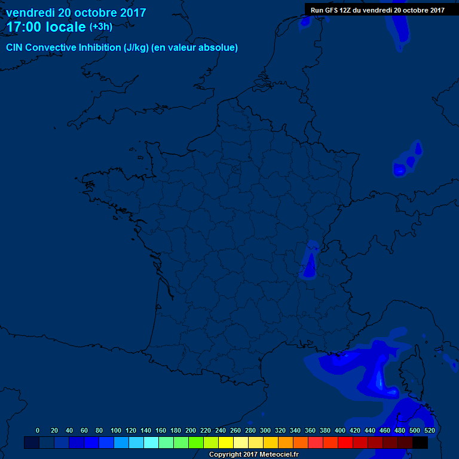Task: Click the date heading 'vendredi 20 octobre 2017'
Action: coord(76,13)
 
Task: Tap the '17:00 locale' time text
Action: coord(46,27)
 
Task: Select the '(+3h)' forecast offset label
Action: coord(101,27)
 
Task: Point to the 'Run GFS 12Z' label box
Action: coord(377,10)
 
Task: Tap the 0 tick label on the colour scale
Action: coord(38,430)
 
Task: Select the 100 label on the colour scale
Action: coord(116,430)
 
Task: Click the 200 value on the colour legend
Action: coord(191,430)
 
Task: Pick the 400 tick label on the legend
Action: coord(340,430)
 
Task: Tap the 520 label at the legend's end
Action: coord(429,430)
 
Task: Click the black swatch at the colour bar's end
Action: coord(420,442)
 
